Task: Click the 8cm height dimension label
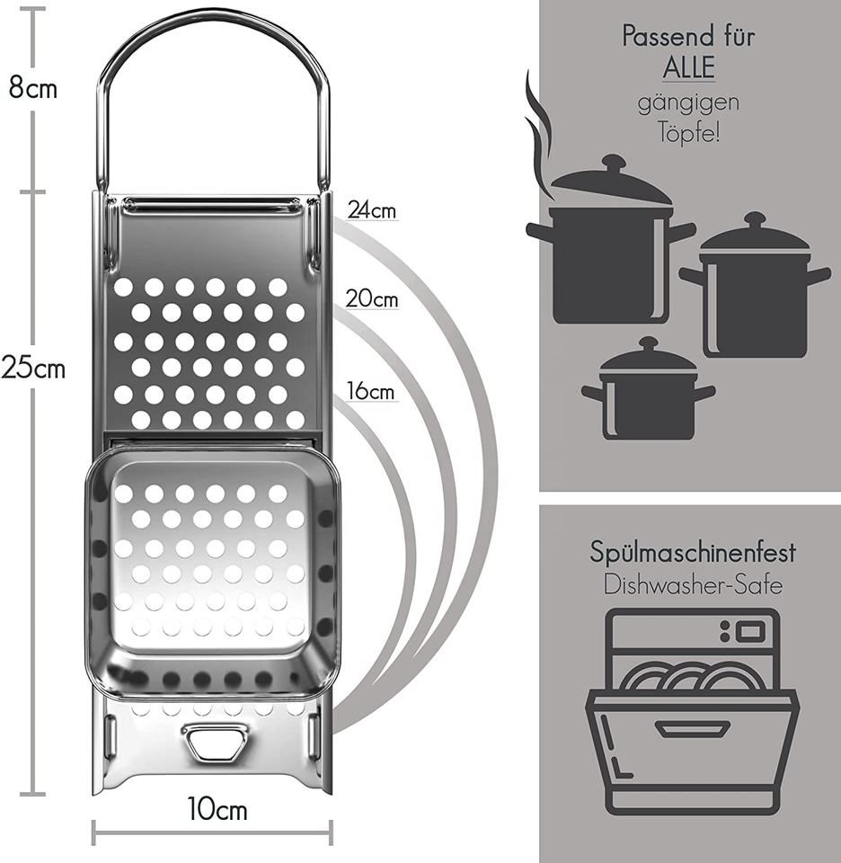coord(33,89)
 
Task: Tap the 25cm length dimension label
coord(33,368)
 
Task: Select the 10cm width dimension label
coord(217,809)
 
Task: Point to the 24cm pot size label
coord(372,210)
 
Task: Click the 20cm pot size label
coord(372,298)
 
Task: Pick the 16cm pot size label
coord(370,392)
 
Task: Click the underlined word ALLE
coord(688,68)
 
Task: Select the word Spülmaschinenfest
coord(692,551)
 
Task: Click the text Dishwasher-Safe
coord(692,585)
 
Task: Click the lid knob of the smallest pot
coord(649,343)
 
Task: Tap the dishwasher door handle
coord(690,728)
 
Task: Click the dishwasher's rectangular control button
coord(750,631)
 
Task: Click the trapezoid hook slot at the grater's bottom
coord(216,743)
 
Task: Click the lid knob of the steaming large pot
coord(614,163)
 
